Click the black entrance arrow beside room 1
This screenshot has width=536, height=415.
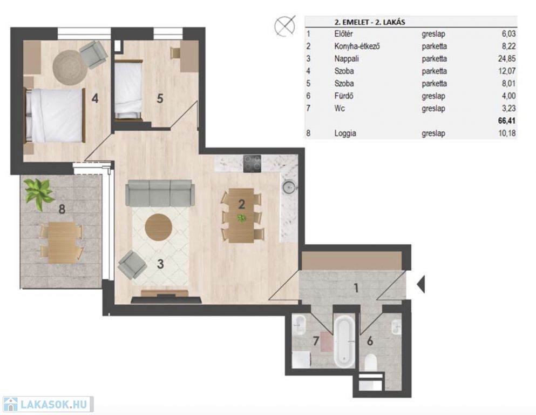pyautogui.click(x=421, y=284)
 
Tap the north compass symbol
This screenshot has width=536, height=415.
pyautogui.click(x=285, y=25)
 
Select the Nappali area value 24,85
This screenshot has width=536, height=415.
pyautogui.click(x=507, y=58)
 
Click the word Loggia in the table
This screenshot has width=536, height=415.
pyautogui.click(x=345, y=133)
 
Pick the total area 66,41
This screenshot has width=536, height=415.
pyautogui.click(x=507, y=121)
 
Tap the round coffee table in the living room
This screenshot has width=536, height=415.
pyautogui.click(x=158, y=227)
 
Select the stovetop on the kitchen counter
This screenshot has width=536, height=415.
pyautogui.click(x=252, y=164)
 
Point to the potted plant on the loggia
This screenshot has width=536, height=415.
pyautogui.click(x=39, y=193)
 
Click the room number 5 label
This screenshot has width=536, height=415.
pyautogui.click(x=160, y=98)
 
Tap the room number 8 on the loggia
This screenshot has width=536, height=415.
pyautogui.click(x=62, y=209)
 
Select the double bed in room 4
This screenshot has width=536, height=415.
pyautogui.click(x=55, y=115)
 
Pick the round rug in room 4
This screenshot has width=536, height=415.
pyautogui.click(x=70, y=66)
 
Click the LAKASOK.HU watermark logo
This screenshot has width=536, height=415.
pyautogui.click(x=48, y=404)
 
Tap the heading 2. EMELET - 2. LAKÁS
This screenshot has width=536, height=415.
pyautogui.click(x=370, y=23)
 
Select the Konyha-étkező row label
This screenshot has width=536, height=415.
pyautogui.click(x=357, y=46)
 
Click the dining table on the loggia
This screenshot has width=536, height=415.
pyautogui.click(x=62, y=243)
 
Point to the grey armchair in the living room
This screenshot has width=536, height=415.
pyautogui.click(x=132, y=264)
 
